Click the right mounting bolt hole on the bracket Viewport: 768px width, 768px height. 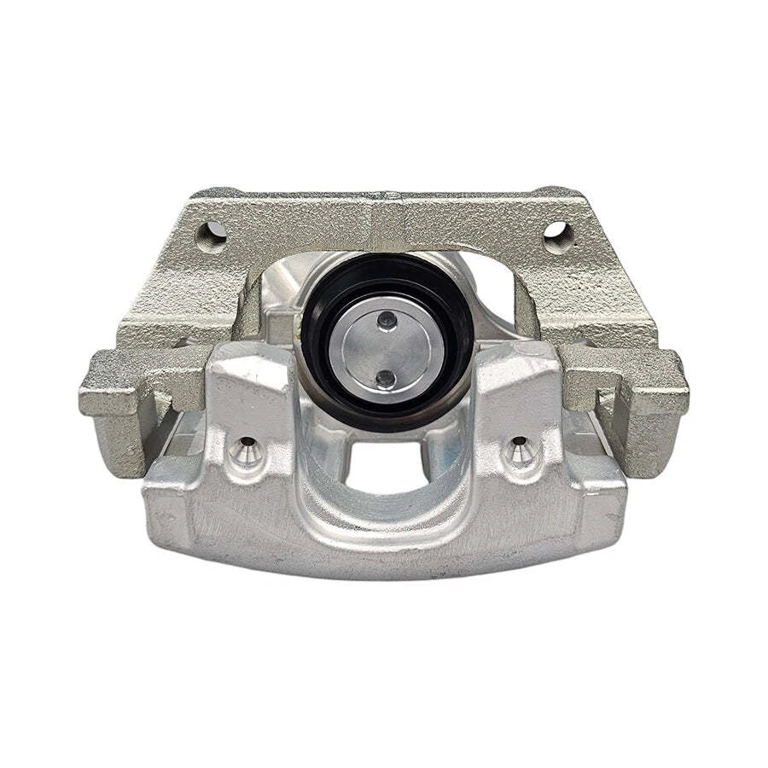[556, 232]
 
